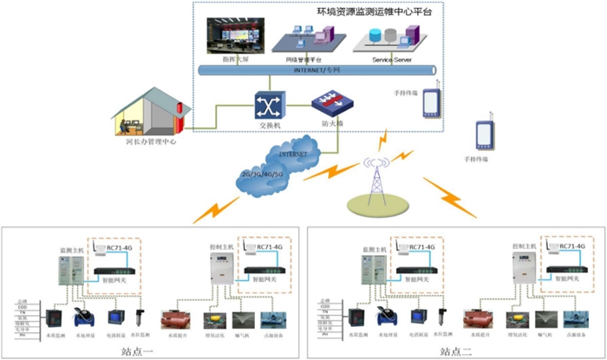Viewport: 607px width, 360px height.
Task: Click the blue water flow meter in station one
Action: (x=84, y=317)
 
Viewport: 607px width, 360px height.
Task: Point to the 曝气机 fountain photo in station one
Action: (x=243, y=319)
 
